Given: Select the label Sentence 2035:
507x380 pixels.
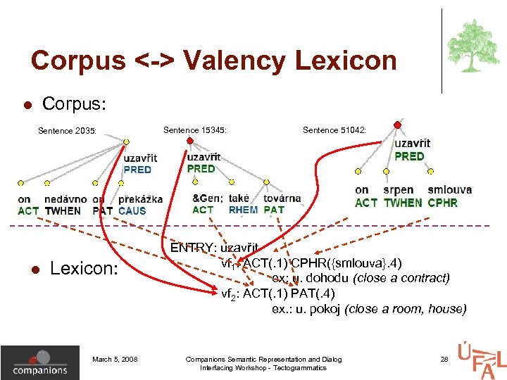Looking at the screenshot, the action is pos(68,129).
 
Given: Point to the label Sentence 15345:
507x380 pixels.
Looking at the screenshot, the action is pos(195,129).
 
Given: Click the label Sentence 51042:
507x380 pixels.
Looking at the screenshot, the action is pos(334,129).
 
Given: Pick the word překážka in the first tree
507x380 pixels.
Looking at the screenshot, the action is pos(141,199).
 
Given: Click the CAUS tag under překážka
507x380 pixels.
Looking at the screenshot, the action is pos(132,210).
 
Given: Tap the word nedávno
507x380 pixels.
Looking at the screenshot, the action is pos(65,199).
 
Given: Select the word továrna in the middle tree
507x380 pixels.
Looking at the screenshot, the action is pos(282,198).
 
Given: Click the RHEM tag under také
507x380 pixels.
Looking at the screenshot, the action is pos(243,209).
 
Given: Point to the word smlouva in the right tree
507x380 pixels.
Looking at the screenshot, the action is pos(449,190).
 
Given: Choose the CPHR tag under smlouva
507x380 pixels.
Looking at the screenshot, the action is pos(442,203).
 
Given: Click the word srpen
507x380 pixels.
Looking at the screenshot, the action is pos(399,190).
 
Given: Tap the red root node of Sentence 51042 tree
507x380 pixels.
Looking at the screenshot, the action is pos(397,125).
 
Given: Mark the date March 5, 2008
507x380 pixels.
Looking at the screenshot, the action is pos(115,360).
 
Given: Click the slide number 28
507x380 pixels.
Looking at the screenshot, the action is pos(444,360).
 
